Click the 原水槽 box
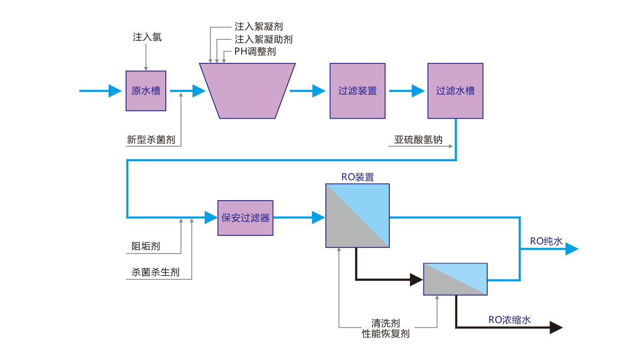pyautogui.click(x=146, y=91)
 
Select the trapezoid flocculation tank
pyautogui.click(x=247, y=91)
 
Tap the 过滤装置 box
pyautogui.click(x=357, y=91)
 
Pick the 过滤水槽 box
pyautogui.click(x=455, y=91)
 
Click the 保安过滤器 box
pyautogui.click(x=246, y=218)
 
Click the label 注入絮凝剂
pyautogui.click(x=259, y=27)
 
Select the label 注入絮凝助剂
pyautogui.click(x=263, y=39)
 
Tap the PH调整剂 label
pyautogui.click(x=255, y=52)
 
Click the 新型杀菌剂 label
pyautogui.click(x=151, y=140)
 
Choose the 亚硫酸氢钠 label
pyautogui.click(x=418, y=140)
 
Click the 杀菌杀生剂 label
pyautogui.click(x=155, y=272)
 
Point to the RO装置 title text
pyautogui.click(x=357, y=177)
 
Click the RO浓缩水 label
pyautogui.click(x=509, y=320)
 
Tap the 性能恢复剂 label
pyautogui.click(x=386, y=334)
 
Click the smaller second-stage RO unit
pyautogui.click(x=455, y=279)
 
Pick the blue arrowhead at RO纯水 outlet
pyautogui.click(x=572, y=249)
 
